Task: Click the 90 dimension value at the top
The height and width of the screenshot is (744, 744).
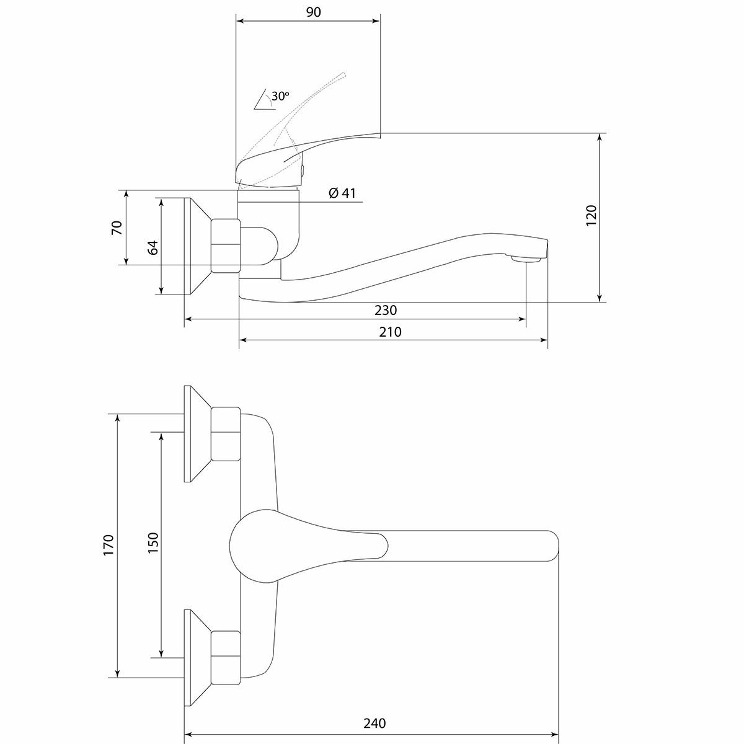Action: tap(314, 12)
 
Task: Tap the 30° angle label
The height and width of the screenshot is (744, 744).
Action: tap(280, 96)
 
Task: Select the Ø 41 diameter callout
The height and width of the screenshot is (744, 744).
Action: tap(342, 193)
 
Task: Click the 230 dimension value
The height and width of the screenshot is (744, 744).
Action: tap(386, 310)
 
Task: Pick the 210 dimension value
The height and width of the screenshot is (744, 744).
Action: tap(391, 332)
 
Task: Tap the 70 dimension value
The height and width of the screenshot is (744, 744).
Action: tap(117, 228)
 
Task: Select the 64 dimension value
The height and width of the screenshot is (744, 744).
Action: tap(153, 246)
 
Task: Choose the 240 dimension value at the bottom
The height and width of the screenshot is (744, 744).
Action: tap(374, 724)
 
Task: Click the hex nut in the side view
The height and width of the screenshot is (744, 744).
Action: tap(225, 245)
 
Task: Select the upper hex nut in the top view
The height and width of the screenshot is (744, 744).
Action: tap(225, 434)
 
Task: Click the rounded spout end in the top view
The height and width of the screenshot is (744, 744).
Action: tap(551, 546)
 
